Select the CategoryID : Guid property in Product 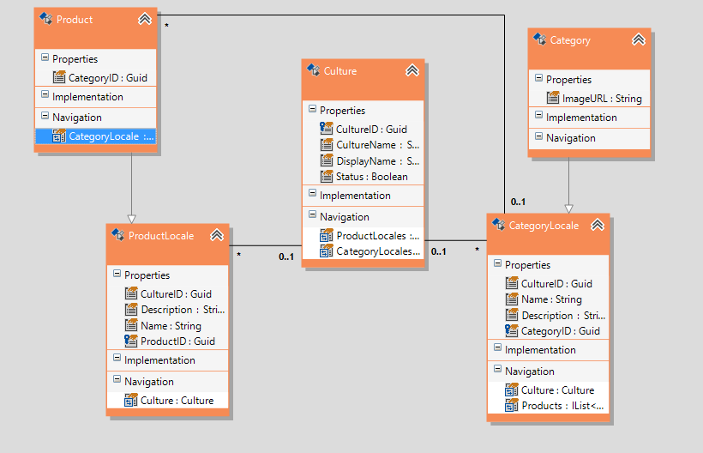point(107,77)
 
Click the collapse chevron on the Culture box point(412,70)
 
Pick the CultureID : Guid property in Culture point(371,129)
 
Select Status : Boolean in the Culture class point(371,176)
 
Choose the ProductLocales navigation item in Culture point(376,235)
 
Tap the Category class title point(570,39)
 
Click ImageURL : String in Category point(601,98)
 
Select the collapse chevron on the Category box point(638,39)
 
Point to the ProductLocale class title point(160,235)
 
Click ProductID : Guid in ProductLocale point(177,341)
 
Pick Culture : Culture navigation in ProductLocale point(177,400)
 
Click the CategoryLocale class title point(544,226)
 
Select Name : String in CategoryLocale point(551,299)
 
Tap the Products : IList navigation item point(562,406)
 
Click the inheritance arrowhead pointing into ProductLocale point(130,217)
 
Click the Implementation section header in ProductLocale point(159,360)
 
